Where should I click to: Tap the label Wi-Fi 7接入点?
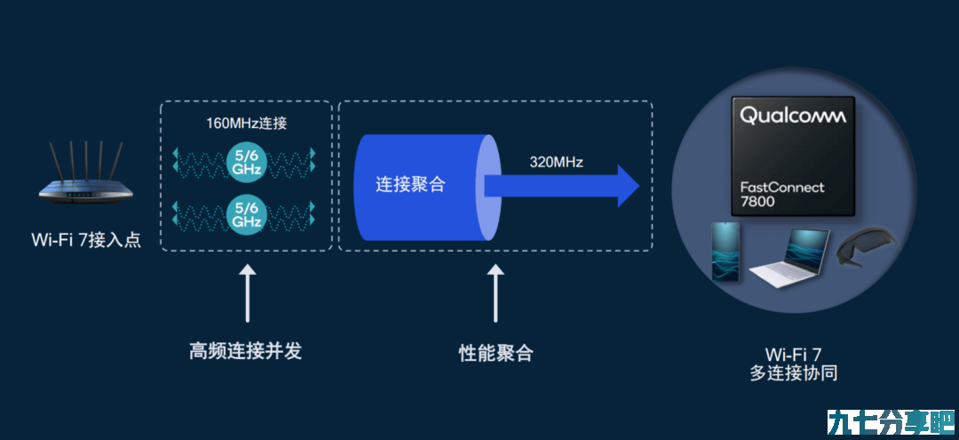point(86,240)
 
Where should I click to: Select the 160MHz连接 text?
point(247,123)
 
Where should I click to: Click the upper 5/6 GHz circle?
point(247,160)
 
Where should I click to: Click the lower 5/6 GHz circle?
point(247,212)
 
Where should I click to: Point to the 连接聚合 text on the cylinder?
point(410,184)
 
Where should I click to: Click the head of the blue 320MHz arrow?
point(628,186)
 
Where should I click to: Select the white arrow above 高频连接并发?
point(247,292)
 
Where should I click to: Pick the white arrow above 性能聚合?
point(495,292)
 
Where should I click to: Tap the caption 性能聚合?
point(495,353)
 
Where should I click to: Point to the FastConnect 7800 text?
point(782,194)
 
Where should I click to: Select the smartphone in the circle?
point(725,252)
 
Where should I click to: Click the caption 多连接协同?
point(793,372)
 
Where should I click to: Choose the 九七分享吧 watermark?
point(891,421)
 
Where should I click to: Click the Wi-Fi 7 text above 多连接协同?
point(793,354)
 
